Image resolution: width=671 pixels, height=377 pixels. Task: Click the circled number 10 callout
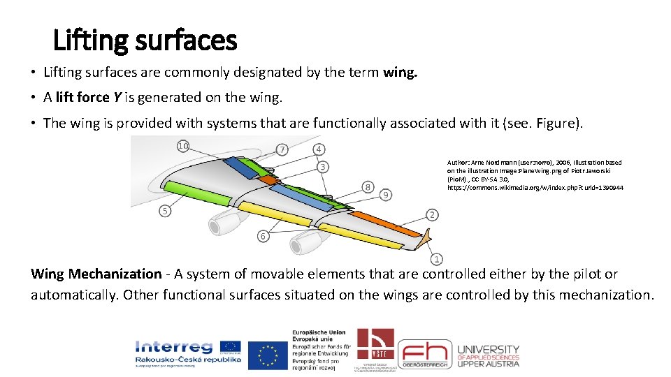pos(182,146)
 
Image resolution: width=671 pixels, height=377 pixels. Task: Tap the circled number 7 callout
pos(282,149)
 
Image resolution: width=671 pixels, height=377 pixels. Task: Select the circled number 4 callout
pos(318,149)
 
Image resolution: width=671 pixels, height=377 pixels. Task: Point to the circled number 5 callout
pos(165,211)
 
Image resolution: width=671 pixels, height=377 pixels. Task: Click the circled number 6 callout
pos(263,236)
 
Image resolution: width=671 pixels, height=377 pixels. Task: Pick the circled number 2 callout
pos(432,214)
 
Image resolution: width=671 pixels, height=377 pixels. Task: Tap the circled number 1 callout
pos(437,259)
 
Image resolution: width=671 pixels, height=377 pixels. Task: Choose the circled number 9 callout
pos(386,194)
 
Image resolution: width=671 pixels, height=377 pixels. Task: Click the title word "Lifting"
pos(88,40)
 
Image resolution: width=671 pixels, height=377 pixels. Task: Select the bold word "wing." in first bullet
pos(400,72)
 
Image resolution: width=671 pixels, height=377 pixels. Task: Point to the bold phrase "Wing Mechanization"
pos(96,274)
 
